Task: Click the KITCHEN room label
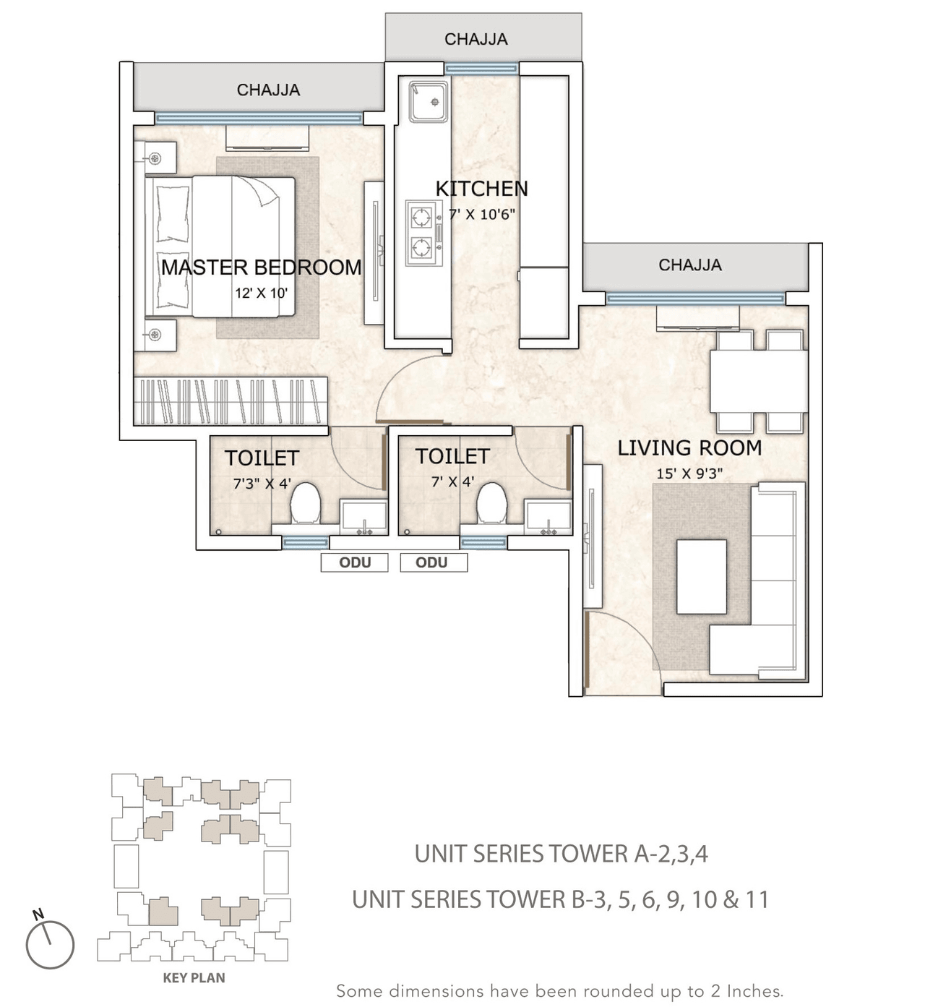481,189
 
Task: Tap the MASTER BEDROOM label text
261,267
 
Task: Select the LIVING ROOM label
689,448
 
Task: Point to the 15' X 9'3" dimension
689,474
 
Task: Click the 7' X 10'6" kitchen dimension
481,215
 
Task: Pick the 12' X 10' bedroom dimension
261,293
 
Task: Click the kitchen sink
429,101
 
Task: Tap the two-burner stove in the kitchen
423,232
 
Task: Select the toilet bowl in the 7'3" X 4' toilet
305,503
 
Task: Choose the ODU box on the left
355,562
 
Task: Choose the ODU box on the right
434,562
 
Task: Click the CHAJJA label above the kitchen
476,39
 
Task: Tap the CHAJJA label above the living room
689,265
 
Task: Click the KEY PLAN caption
194,978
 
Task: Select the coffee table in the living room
701,576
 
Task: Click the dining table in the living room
758,381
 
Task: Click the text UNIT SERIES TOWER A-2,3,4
561,854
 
